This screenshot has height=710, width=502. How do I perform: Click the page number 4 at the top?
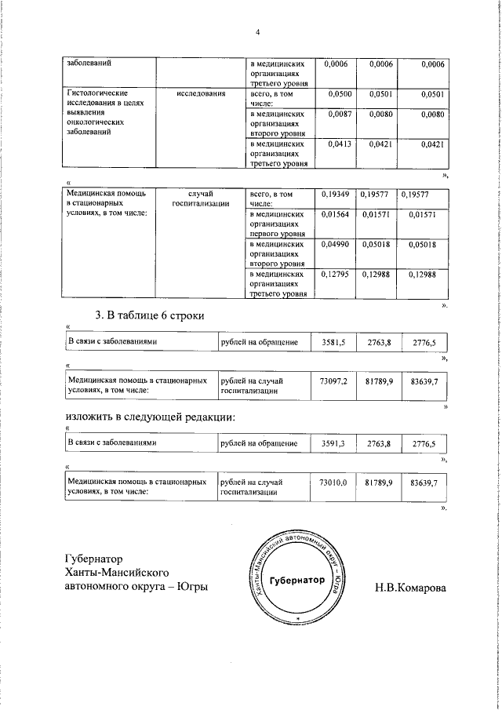point(256,32)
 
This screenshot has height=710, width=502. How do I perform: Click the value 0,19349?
point(337,194)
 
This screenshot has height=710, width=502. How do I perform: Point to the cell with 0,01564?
point(337,214)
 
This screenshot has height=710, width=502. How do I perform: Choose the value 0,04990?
point(337,245)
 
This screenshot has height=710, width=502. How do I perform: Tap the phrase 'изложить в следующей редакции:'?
point(149,416)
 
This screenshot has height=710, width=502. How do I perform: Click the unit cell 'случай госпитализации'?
point(201,198)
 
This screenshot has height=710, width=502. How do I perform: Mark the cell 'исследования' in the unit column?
point(201,94)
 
